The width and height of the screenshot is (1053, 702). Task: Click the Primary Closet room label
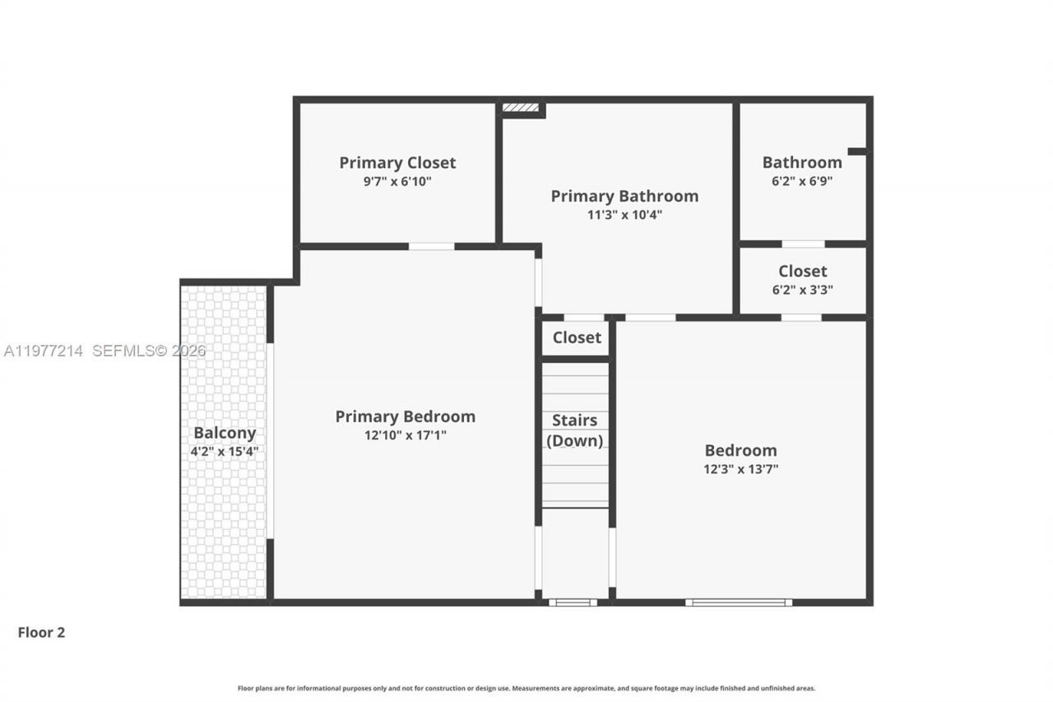click(x=397, y=163)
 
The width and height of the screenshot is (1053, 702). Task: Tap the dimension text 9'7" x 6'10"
click(x=397, y=181)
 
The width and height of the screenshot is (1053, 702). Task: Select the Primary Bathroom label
click(x=624, y=196)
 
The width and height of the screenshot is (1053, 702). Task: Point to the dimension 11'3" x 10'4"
click(x=624, y=215)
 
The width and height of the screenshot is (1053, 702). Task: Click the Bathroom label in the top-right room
click(x=802, y=162)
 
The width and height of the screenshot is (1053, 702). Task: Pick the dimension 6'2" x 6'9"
click(x=802, y=181)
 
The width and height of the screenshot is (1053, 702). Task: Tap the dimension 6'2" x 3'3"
click(x=802, y=290)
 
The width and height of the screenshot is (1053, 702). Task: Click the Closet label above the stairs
click(x=577, y=337)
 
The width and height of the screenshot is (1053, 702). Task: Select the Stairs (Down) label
click(x=575, y=430)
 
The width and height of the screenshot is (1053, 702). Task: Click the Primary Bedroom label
click(x=405, y=416)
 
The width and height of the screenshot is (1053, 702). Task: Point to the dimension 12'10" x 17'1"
click(x=405, y=435)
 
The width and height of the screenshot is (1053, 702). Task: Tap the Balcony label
click(x=225, y=433)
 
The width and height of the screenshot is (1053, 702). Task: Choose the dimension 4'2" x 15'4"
click(x=225, y=451)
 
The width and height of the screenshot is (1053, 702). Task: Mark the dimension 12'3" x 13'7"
click(x=740, y=469)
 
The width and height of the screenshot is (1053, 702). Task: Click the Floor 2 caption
click(x=41, y=633)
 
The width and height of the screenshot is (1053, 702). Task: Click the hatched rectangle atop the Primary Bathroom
click(x=521, y=108)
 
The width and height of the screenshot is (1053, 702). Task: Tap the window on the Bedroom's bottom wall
click(x=739, y=602)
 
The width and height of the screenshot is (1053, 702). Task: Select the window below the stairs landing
click(x=573, y=602)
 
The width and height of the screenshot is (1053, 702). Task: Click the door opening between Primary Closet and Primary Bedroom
click(x=432, y=246)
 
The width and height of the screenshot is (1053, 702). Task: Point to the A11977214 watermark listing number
click(x=44, y=351)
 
